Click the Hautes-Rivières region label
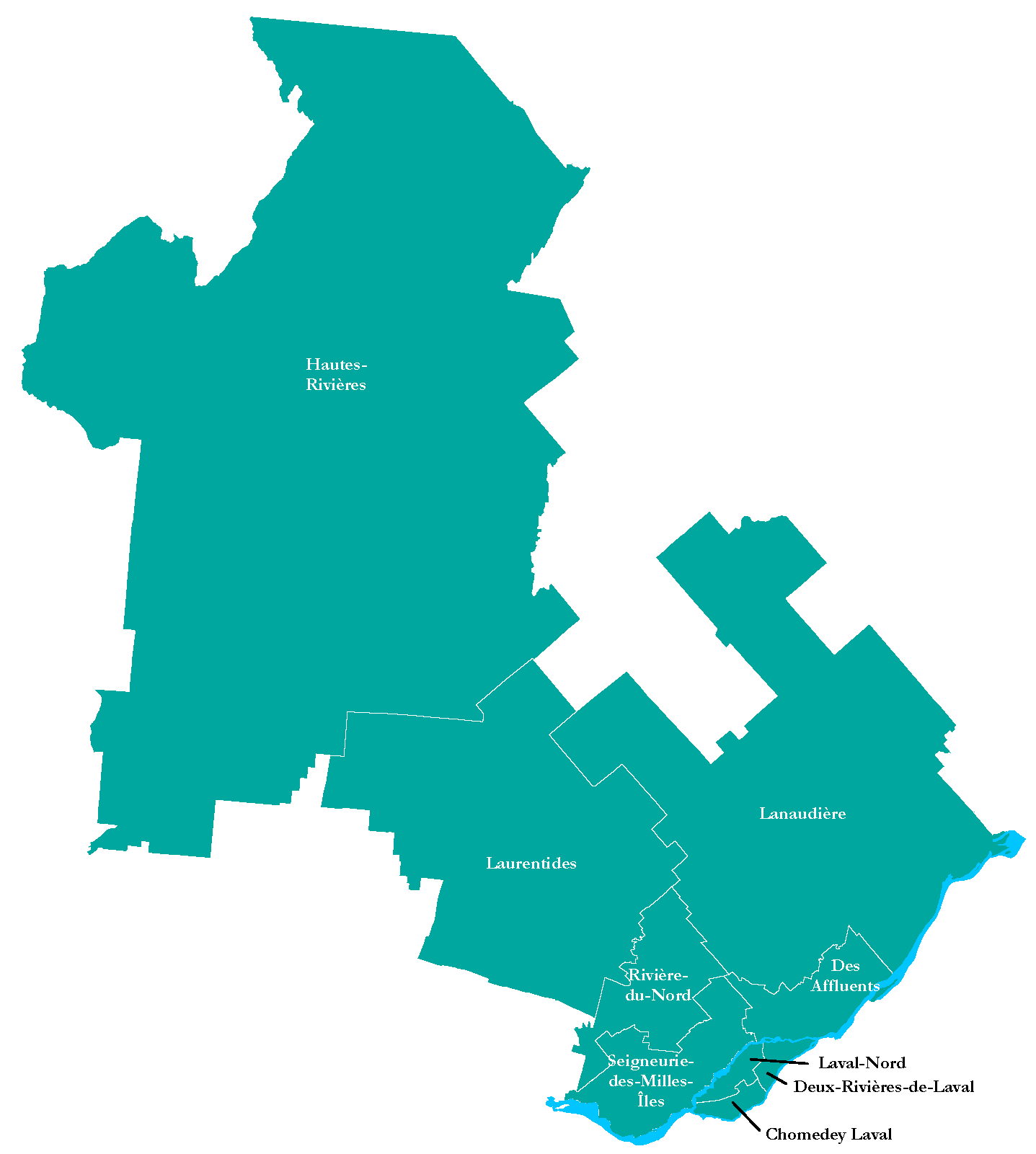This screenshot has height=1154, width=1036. click(336, 374)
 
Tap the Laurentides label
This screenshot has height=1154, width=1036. click(531, 864)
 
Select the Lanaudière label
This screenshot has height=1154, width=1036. click(802, 814)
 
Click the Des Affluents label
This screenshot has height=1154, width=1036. click(845, 975)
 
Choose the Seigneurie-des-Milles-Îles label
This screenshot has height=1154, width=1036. click(651, 1081)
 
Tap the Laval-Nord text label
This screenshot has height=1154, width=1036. click(862, 1063)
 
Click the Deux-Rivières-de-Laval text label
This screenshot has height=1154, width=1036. click(883, 1087)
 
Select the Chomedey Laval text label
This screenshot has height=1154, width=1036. click(828, 1135)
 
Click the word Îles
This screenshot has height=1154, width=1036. click(651, 1101)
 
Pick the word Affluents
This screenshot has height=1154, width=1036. click(845, 986)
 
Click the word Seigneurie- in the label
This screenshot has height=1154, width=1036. click(651, 1062)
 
